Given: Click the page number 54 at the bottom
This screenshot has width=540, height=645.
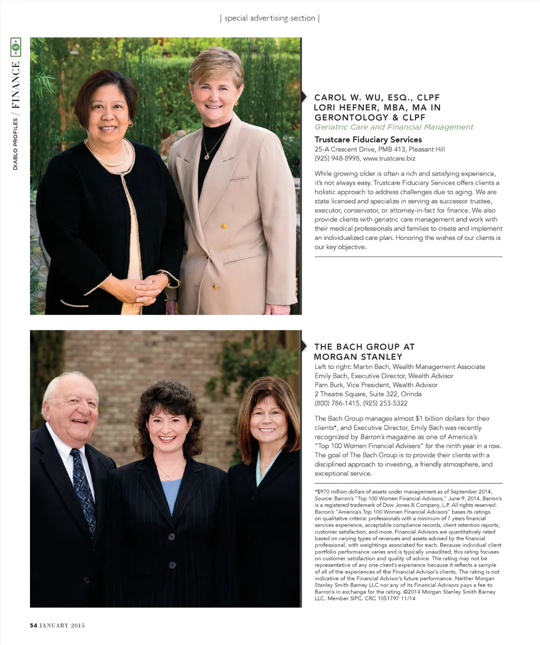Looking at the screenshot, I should click(x=33, y=625).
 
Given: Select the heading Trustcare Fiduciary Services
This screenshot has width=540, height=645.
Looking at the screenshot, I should click(x=368, y=140).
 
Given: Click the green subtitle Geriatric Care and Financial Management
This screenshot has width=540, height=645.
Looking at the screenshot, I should click(x=394, y=127).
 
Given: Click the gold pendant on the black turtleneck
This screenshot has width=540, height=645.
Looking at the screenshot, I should click(x=207, y=156).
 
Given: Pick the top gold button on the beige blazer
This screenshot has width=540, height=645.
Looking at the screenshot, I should click(x=224, y=226).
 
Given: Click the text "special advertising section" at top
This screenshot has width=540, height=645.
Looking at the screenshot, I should click(x=269, y=18).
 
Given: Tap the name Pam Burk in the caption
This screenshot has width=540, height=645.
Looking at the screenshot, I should click(x=330, y=385).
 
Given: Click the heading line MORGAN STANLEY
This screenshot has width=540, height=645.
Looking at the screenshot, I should click(x=358, y=357).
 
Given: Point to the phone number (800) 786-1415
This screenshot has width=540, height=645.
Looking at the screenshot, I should click(x=337, y=403).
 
